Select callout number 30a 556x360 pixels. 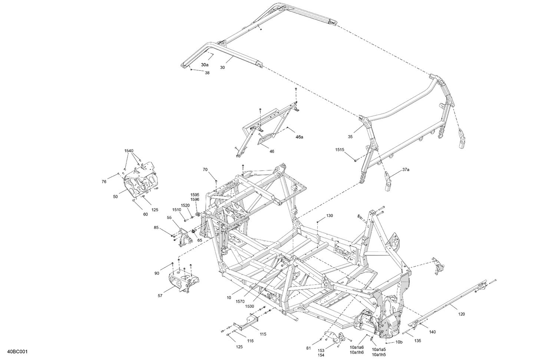[205, 64]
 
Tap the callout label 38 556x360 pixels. [207, 73]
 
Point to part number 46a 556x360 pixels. [299, 137]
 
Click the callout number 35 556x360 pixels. [350, 137]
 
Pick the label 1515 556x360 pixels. [340, 150]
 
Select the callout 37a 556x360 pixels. [406, 170]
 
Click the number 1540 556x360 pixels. [129, 151]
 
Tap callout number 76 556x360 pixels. [104, 181]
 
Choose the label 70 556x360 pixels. [205, 170]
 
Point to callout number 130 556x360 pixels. [330, 215]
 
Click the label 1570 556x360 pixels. [240, 301]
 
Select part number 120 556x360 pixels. [461, 314]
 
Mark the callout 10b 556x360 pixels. [398, 342]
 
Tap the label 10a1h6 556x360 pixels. [356, 352]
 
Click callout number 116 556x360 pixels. [251, 341]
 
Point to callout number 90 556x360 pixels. [157, 273]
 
